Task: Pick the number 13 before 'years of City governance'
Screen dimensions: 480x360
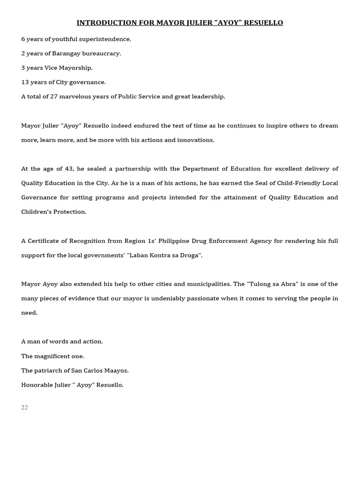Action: [25, 82]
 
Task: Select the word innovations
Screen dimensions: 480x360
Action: [195, 140]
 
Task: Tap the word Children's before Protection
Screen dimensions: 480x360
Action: [37, 212]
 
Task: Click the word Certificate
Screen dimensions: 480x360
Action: [45, 241]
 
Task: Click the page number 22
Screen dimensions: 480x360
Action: [24, 407]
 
